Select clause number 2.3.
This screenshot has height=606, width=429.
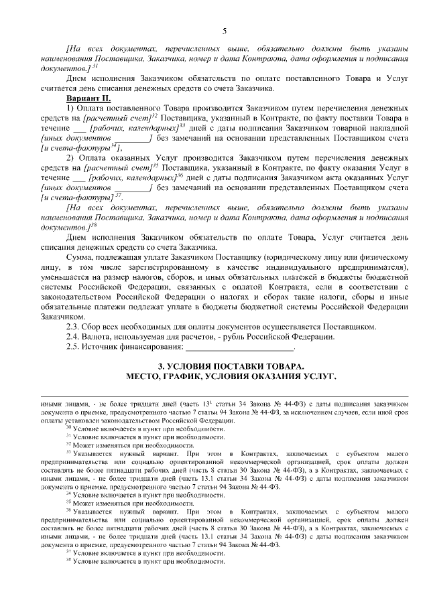[73, 327]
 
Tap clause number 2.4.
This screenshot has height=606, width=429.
[73, 337]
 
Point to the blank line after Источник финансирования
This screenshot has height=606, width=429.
[239, 347]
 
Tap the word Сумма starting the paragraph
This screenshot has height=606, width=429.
[79, 257]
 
